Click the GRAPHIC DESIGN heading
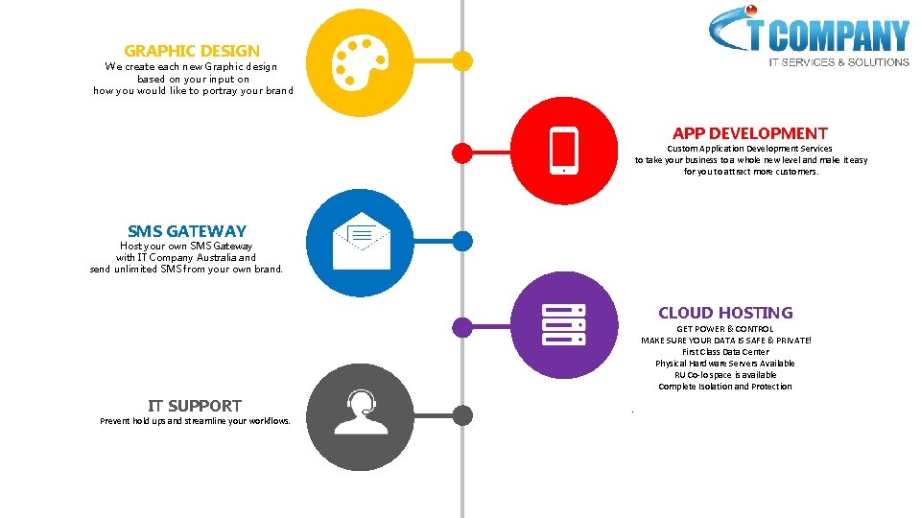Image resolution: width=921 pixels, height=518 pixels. (x=192, y=50)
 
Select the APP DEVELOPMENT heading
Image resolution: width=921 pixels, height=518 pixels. (x=750, y=133)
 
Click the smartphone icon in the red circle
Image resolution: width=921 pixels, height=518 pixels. (x=563, y=151)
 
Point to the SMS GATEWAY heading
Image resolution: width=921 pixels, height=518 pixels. (x=187, y=231)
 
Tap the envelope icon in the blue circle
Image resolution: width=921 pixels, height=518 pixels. (x=361, y=241)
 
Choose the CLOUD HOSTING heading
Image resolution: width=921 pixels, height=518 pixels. (x=725, y=313)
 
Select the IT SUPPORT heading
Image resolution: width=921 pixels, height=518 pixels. (x=195, y=406)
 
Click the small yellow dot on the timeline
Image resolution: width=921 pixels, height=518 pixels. (x=462, y=61)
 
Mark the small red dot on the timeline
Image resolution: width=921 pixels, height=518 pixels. (x=462, y=152)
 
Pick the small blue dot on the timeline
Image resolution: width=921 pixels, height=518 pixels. (x=462, y=241)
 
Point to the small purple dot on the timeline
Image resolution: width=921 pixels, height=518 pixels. (x=462, y=326)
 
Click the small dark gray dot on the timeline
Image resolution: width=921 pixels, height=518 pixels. (x=462, y=415)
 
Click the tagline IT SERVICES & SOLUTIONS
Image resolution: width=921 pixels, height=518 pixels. (x=838, y=62)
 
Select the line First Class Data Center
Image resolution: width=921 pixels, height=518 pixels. (x=725, y=352)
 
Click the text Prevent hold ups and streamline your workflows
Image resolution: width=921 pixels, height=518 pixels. (x=195, y=421)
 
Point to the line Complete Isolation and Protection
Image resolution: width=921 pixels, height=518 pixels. (x=725, y=387)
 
